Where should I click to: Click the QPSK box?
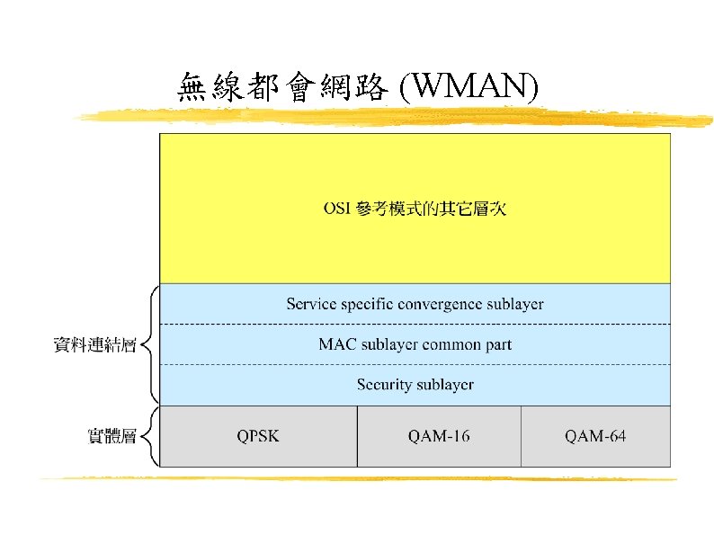[x=258, y=436]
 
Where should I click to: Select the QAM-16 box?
[x=439, y=436]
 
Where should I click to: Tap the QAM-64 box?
[x=595, y=436]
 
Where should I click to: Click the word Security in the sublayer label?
[x=385, y=385]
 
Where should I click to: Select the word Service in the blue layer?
[x=310, y=304]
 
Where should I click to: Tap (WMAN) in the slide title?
[x=469, y=87]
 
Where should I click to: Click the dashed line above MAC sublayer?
[x=415, y=324]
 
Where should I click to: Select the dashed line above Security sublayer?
[x=415, y=364]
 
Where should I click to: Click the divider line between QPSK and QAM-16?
[x=357, y=436]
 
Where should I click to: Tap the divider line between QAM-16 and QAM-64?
[x=521, y=436]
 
